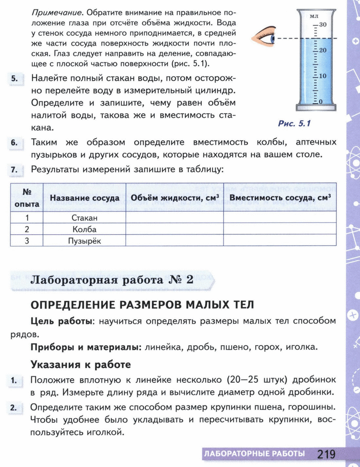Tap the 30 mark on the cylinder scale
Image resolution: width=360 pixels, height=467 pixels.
click(x=322, y=24)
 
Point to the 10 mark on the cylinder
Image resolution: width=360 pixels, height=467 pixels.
click(x=322, y=76)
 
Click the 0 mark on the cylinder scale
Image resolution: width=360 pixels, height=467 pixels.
click(x=321, y=102)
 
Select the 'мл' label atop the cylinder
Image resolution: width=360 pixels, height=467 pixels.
click(x=314, y=16)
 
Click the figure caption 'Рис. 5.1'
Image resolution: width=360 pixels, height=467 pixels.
click(x=294, y=123)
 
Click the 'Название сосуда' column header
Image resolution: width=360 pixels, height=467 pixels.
click(x=85, y=198)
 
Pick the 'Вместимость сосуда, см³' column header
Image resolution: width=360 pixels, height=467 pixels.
click(x=280, y=198)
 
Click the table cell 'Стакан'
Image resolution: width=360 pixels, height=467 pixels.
click(x=85, y=218)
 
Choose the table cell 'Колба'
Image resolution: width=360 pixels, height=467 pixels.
click(x=85, y=229)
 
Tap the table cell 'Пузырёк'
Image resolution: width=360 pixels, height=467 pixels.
click(x=85, y=241)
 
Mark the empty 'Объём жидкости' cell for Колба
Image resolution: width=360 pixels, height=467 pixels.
click(x=174, y=229)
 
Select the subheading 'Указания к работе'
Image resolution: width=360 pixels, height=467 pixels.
click(x=81, y=364)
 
